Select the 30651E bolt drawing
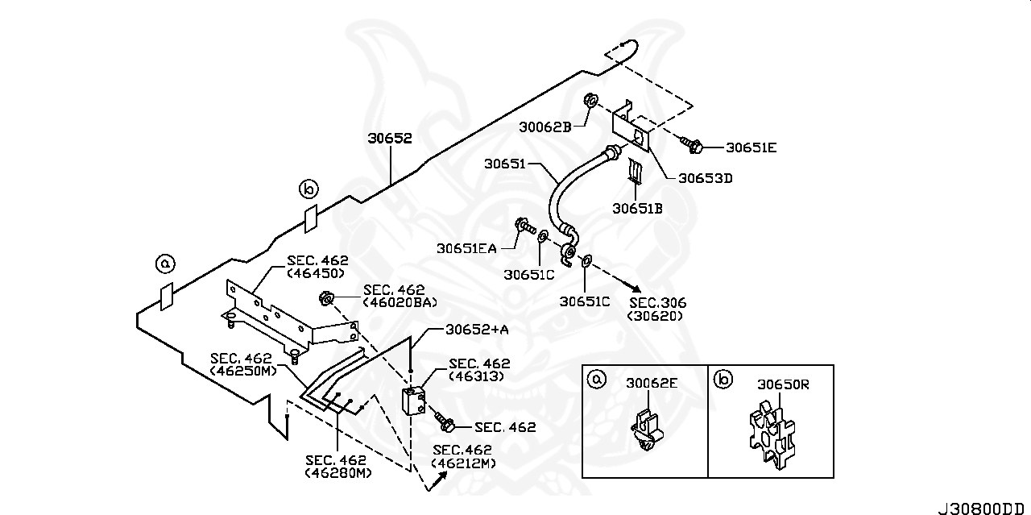pyautogui.click(x=693, y=146)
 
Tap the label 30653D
pyautogui.click(x=705, y=179)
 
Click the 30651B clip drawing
pyautogui.click(x=636, y=172)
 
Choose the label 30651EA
pyautogui.click(x=466, y=249)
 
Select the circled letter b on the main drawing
pyautogui.click(x=308, y=189)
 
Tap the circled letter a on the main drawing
pyautogui.click(x=165, y=263)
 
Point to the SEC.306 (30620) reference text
pyautogui.click(x=656, y=309)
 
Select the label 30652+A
pyautogui.click(x=476, y=330)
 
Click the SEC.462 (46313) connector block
pyautogui.click(x=414, y=401)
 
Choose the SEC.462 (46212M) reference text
pyautogui.click(x=463, y=456)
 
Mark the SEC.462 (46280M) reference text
pyautogui.click(x=337, y=466)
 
